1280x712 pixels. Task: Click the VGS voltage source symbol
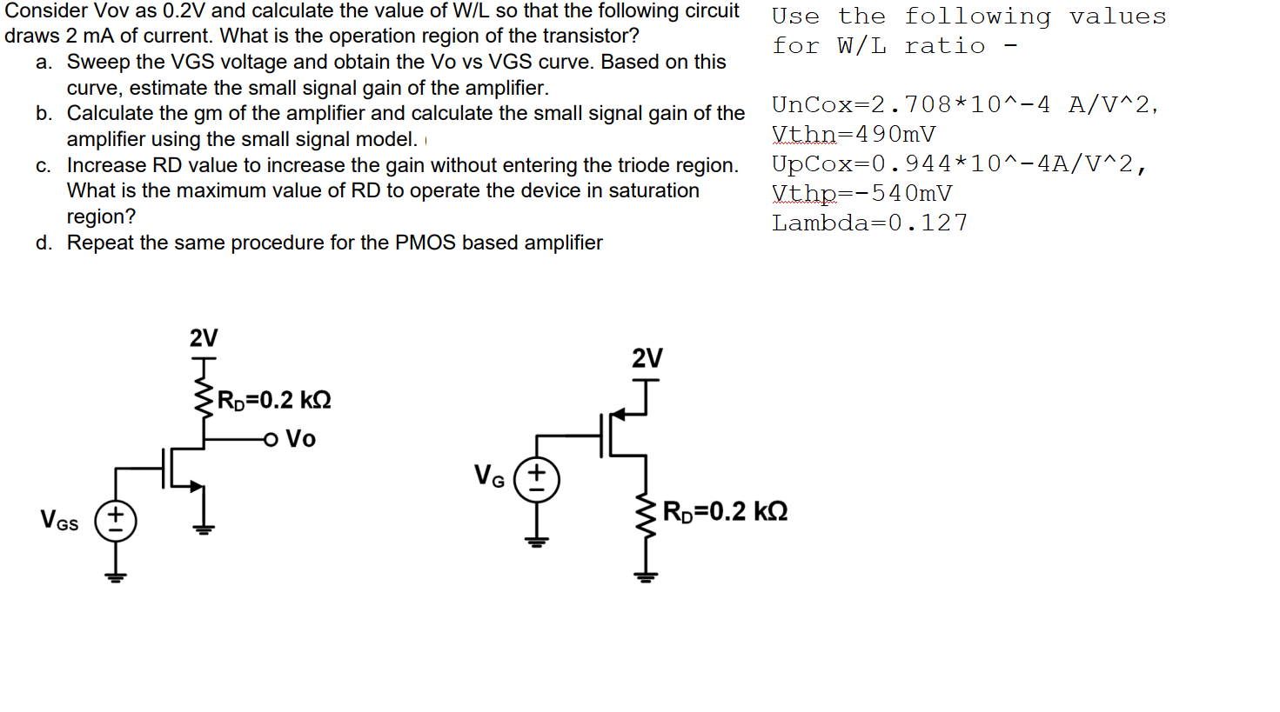point(116,521)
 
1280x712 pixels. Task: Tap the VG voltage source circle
point(536,480)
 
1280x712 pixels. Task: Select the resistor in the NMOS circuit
point(204,398)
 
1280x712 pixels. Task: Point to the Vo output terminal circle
point(271,439)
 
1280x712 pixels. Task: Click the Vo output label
point(300,439)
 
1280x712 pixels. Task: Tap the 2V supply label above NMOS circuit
point(204,337)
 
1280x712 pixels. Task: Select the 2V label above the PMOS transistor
point(647,357)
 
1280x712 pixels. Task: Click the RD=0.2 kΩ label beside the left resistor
point(274,400)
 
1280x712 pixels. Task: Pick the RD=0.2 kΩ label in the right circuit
point(725,511)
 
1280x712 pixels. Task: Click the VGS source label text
point(59,521)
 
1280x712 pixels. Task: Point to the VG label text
point(489,476)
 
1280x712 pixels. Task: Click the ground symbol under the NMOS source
point(204,528)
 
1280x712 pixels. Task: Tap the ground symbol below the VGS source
point(116,576)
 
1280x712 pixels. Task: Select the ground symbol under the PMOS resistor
point(645,576)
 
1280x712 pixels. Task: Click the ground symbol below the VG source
point(536,541)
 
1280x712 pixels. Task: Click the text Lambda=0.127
point(869,223)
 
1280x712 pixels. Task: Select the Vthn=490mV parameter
point(854,135)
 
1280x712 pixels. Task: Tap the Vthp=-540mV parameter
point(861,194)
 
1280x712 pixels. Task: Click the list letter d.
point(44,243)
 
